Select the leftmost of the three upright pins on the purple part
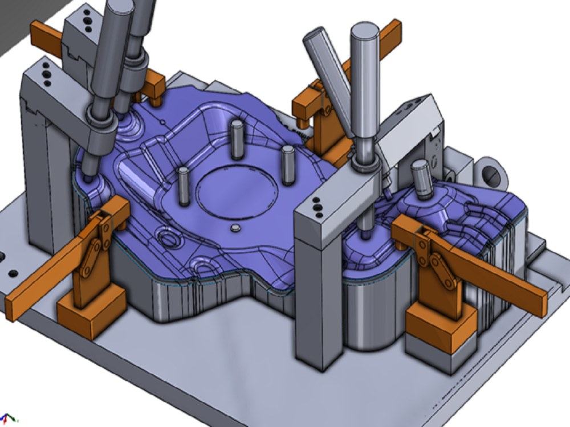(x=183, y=187)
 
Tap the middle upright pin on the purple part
(x=237, y=139)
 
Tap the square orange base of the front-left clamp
(x=91, y=313)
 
